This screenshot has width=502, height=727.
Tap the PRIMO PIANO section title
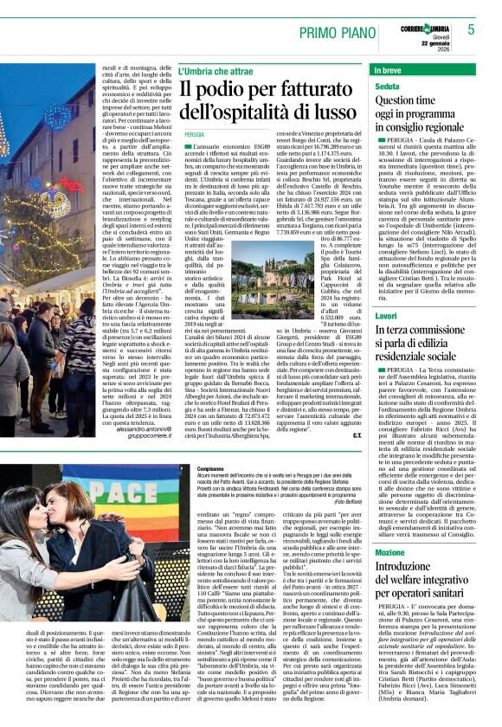[333, 33]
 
